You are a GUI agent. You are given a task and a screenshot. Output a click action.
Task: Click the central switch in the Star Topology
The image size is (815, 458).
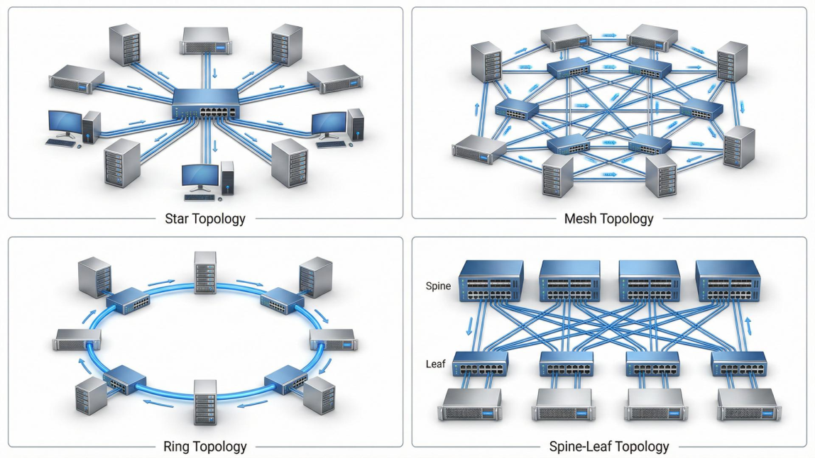[x=206, y=106]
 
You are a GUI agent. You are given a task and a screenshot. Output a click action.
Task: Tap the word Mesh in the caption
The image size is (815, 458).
[x=580, y=218]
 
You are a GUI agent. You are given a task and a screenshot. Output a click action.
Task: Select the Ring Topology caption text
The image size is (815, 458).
[x=205, y=447]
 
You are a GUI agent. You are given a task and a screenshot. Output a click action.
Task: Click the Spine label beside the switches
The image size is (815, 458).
[x=438, y=286]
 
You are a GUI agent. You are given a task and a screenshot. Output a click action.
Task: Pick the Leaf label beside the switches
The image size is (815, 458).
[x=435, y=364]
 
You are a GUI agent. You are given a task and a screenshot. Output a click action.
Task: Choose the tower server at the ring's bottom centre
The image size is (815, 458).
[x=205, y=402]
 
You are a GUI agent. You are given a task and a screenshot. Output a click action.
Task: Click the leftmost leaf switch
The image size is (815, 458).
[x=481, y=365]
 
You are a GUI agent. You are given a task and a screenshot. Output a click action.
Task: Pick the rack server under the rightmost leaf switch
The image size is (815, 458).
[x=748, y=405]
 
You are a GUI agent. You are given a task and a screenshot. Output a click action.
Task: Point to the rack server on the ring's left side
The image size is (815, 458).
[x=77, y=340]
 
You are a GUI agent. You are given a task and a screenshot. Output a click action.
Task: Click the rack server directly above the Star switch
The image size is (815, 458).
[x=205, y=40]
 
